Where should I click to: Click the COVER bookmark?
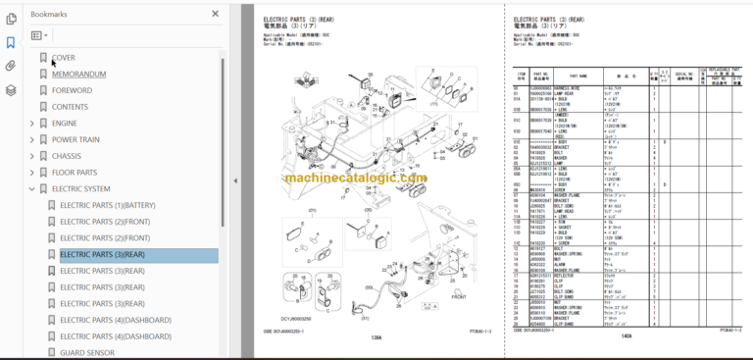tap(64, 58)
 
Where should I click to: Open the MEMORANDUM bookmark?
tap(78, 74)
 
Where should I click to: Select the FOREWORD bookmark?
tap(72, 90)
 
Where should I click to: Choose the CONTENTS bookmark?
tap(71, 107)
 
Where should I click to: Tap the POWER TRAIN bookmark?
tap(75, 139)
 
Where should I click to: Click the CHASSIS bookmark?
tap(67, 156)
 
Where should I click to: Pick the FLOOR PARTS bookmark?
tap(75, 173)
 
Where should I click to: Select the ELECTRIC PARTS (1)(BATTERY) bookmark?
tap(107, 205)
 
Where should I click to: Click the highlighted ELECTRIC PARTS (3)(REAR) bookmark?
tap(103, 255)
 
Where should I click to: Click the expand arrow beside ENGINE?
tap(32, 124)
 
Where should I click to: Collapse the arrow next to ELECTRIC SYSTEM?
tap(32, 189)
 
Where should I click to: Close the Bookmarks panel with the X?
tap(216, 15)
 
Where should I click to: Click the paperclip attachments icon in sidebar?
tap(10, 66)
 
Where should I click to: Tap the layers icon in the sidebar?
tap(10, 89)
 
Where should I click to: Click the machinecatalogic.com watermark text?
tap(356, 178)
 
